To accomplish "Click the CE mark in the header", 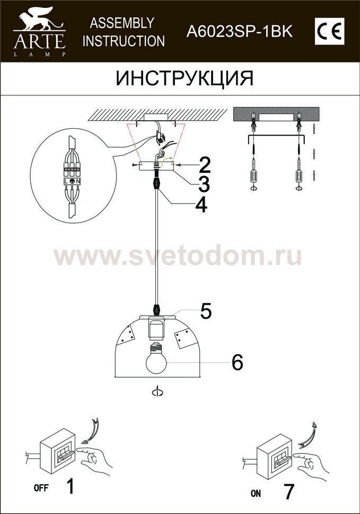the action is point(329,31).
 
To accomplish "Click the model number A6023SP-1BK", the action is point(239,32).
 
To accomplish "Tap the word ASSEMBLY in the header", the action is point(122,23).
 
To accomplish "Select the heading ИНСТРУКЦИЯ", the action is point(185,78).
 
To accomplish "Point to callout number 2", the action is point(204,165).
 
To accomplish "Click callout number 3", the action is point(204,184).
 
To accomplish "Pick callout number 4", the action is point(201,205).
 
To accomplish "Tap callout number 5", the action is point(206,311).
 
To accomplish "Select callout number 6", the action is point(237,362).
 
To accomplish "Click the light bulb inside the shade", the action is point(156,358).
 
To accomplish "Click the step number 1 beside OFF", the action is point(70,486).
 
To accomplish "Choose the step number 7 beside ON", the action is point(288,491).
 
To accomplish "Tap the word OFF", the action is point(41,488).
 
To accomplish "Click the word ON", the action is point(256,493).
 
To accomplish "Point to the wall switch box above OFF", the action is point(58,450).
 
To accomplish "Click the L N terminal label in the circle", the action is point(72,181).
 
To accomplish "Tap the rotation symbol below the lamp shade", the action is point(157,392).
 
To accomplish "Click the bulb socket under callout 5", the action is point(156,329).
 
